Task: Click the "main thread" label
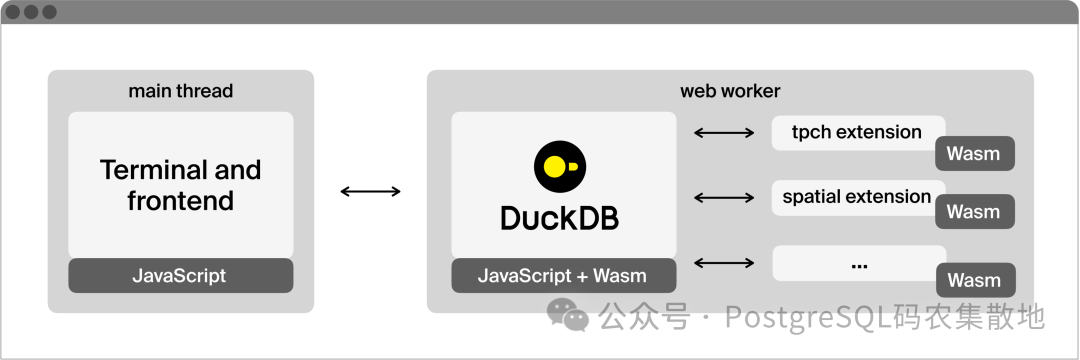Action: [x=180, y=91]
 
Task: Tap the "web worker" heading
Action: [x=730, y=91]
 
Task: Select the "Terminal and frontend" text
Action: [x=180, y=185]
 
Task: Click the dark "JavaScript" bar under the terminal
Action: [x=180, y=276]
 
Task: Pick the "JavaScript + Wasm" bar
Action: [x=563, y=276]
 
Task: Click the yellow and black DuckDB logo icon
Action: [x=559, y=166]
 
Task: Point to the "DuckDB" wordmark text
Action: [x=559, y=217]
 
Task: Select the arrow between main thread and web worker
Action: [x=370, y=191]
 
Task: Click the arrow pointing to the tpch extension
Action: [x=724, y=132]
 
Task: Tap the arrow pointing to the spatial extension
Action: [x=724, y=198]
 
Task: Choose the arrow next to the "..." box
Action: [x=724, y=263]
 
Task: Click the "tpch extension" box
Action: [x=856, y=132]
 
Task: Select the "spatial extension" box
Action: [x=856, y=197]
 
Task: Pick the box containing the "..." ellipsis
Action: [x=857, y=263]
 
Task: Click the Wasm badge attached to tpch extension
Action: [x=973, y=154]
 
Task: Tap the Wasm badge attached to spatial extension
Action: [x=973, y=212]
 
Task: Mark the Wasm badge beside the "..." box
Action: [x=973, y=280]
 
